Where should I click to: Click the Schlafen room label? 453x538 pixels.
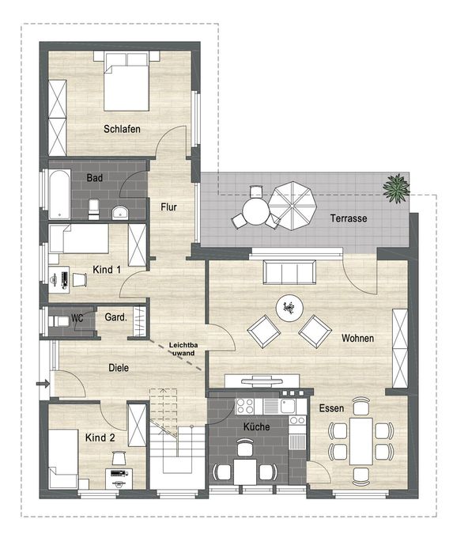122,129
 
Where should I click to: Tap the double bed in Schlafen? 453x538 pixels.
126,81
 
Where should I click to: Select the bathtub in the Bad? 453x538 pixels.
59,194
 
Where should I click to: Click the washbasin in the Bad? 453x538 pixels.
120,213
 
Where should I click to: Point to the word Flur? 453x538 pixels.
168,207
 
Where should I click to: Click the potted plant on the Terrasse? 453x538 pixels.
396,188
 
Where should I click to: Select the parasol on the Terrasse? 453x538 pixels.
293,206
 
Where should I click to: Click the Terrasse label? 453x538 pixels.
349,218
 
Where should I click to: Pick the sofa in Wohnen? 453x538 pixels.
290,272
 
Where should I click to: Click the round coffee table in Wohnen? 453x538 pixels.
290,308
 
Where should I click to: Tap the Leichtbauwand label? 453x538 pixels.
183,349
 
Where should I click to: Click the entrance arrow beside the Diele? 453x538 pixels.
43,384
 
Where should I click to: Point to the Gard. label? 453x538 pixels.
116,317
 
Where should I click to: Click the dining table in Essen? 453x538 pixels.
361,441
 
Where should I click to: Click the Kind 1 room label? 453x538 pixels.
107,270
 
